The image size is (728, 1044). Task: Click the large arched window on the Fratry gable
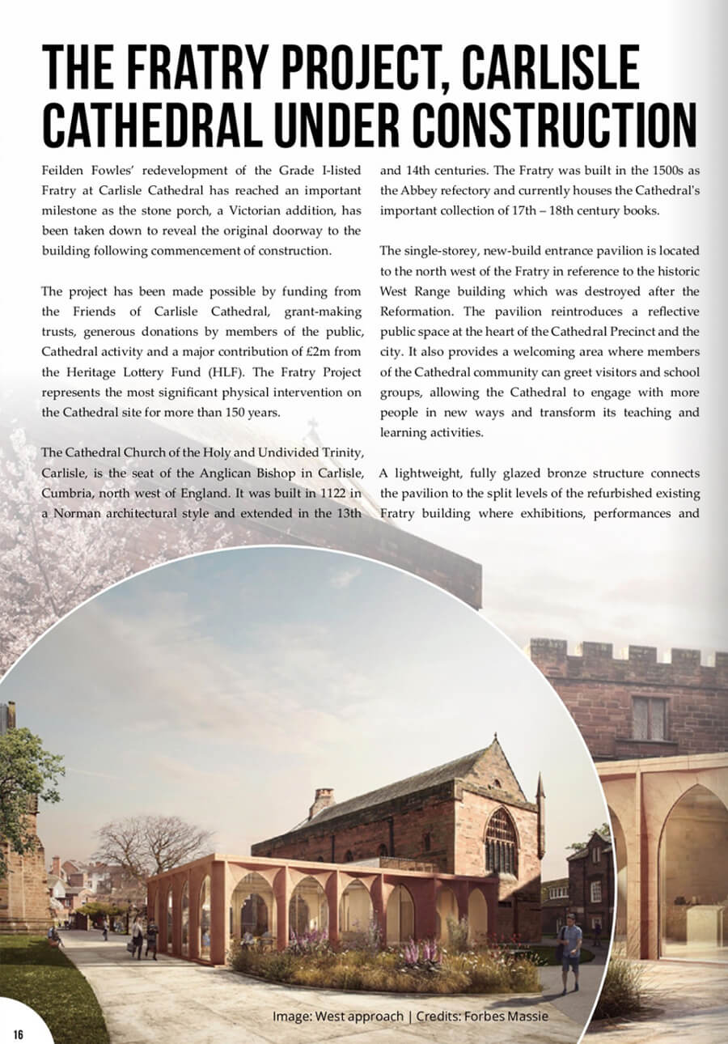[501, 841]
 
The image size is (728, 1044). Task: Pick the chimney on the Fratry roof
[321, 801]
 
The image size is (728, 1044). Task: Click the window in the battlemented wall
[649, 719]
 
